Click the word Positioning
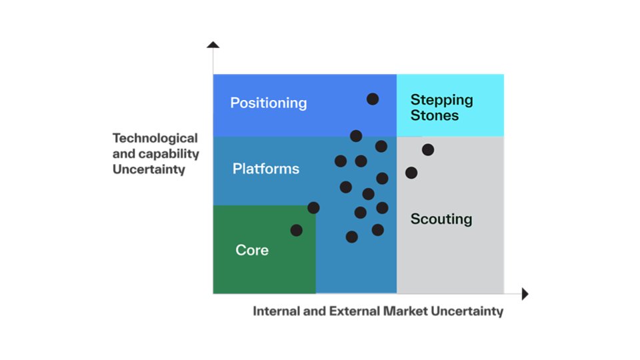pos(268,103)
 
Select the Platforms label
pos(265,169)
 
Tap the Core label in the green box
pos(252,250)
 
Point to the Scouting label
pos(441,219)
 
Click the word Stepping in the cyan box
pos(441,100)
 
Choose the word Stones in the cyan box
pos(434,115)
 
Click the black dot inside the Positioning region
pos(373,99)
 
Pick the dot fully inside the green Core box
pos(297,230)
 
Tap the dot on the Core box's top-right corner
pos(313,207)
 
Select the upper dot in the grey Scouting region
pos(428,149)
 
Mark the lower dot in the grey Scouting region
pos(411,173)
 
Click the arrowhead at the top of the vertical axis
pos(213,45)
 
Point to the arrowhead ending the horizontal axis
pos(525,293)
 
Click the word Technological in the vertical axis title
pos(155,138)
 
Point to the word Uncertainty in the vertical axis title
pos(148,169)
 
